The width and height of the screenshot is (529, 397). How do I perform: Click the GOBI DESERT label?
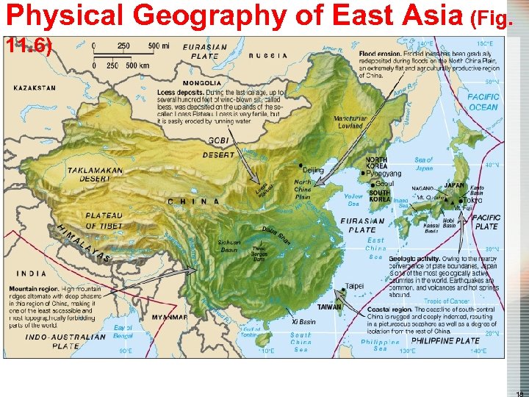click(x=221, y=147)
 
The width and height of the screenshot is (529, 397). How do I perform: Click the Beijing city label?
click(x=312, y=171)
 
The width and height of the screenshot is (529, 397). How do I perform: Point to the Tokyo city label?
click(x=472, y=200)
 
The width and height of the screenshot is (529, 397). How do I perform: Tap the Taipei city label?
click(x=354, y=286)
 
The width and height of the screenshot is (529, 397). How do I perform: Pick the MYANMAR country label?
click(x=170, y=318)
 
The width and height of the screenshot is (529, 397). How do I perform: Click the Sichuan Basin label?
click(x=228, y=246)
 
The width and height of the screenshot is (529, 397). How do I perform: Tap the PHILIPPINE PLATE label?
click(x=445, y=341)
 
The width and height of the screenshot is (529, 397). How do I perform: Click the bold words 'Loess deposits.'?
click(x=180, y=93)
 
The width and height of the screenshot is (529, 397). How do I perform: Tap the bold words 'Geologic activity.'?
click(x=414, y=259)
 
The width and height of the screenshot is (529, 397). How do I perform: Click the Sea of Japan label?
click(x=424, y=164)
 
